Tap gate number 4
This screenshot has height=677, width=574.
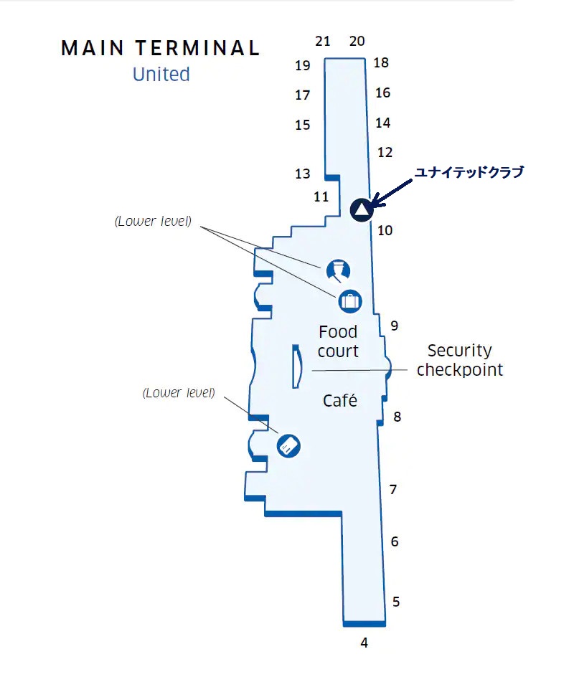coord(364,643)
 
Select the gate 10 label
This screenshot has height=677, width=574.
coord(385,230)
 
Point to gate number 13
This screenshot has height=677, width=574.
coord(302,174)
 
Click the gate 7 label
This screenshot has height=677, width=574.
coord(393,490)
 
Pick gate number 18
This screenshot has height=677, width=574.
coord(381,62)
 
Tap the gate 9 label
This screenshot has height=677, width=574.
coord(394,326)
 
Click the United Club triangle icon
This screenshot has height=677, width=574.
coord(361,210)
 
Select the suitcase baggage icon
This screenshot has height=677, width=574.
coord(349,300)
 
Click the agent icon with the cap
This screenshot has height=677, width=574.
coord(338,270)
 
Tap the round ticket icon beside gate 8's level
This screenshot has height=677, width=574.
coord(288,446)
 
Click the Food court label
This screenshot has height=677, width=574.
coord(338,341)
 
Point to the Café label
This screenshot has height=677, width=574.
coord(340,400)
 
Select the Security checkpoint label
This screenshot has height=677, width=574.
coord(460,360)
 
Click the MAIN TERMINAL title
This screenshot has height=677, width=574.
coord(161,48)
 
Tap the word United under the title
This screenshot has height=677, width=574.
coord(161,75)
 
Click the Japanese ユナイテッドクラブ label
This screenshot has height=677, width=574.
coord(469,172)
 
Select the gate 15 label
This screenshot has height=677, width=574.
coord(303,125)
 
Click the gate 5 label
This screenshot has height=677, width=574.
coord(396,602)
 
